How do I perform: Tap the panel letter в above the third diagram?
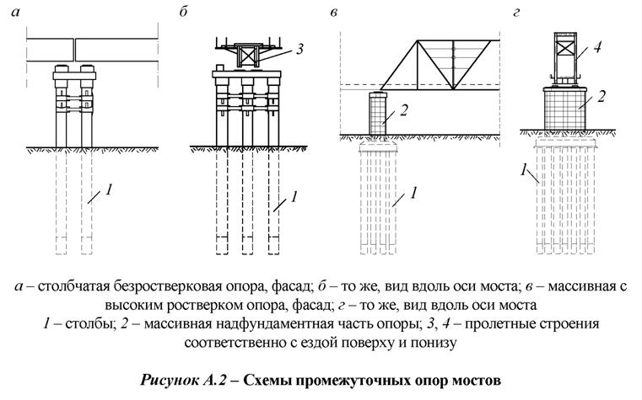pyautogui.click(x=337, y=12)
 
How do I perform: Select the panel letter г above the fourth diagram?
pyautogui.click(x=516, y=12)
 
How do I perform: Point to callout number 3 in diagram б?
pyautogui.click(x=302, y=51)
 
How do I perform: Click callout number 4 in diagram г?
pyautogui.click(x=596, y=48)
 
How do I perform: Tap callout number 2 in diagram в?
pyautogui.click(x=405, y=109)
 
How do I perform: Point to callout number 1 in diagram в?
pyautogui.click(x=414, y=195)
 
